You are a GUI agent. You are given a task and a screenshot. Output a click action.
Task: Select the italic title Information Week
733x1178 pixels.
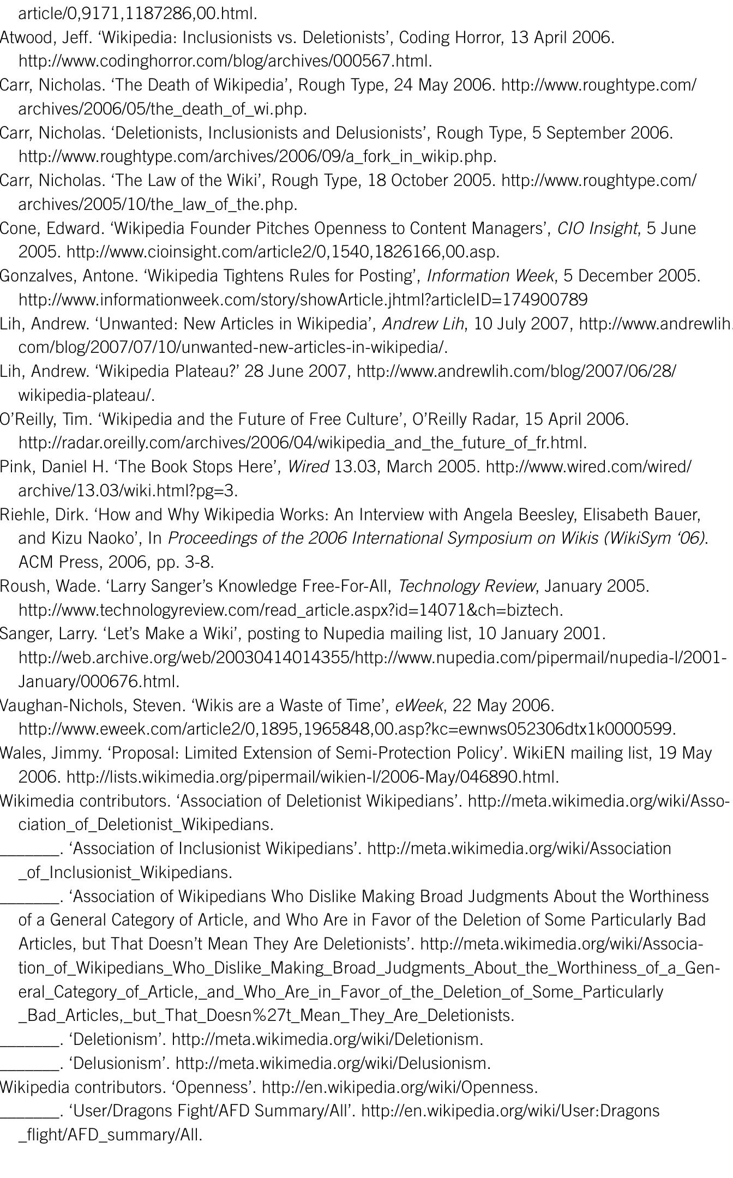point(490,276)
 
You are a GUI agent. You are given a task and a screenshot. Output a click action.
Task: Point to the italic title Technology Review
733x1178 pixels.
point(466,586)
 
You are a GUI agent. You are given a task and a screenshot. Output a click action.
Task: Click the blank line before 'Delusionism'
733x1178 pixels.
point(29,1063)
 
